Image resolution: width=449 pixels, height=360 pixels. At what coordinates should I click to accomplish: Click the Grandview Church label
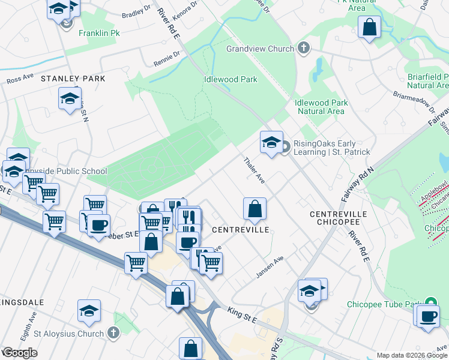click(260, 49)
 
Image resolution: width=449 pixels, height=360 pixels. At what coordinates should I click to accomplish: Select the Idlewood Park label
click(231, 79)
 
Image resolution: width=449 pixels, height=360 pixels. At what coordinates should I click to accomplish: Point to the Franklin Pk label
click(100, 34)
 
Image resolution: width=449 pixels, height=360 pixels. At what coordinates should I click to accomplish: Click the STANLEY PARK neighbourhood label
click(73, 79)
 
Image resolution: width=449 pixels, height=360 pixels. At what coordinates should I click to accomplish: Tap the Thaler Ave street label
click(254, 170)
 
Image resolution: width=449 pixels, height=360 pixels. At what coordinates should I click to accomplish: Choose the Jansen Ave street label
click(270, 263)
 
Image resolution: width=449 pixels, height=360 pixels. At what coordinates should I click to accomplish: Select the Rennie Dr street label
click(166, 59)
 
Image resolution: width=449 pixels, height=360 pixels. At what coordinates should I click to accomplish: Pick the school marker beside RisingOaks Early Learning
click(271, 143)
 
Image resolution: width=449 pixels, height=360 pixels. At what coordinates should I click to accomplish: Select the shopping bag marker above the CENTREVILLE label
click(255, 209)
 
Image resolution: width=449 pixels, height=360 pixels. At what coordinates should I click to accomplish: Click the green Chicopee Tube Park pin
click(430, 304)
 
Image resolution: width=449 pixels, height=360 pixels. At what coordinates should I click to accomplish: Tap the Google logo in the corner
click(20, 353)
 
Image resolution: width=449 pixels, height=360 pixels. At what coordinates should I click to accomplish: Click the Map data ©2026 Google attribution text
click(411, 355)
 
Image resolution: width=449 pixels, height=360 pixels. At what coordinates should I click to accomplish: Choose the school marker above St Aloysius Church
click(89, 311)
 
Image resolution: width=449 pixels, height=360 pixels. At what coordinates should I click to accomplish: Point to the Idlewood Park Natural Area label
click(321, 107)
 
